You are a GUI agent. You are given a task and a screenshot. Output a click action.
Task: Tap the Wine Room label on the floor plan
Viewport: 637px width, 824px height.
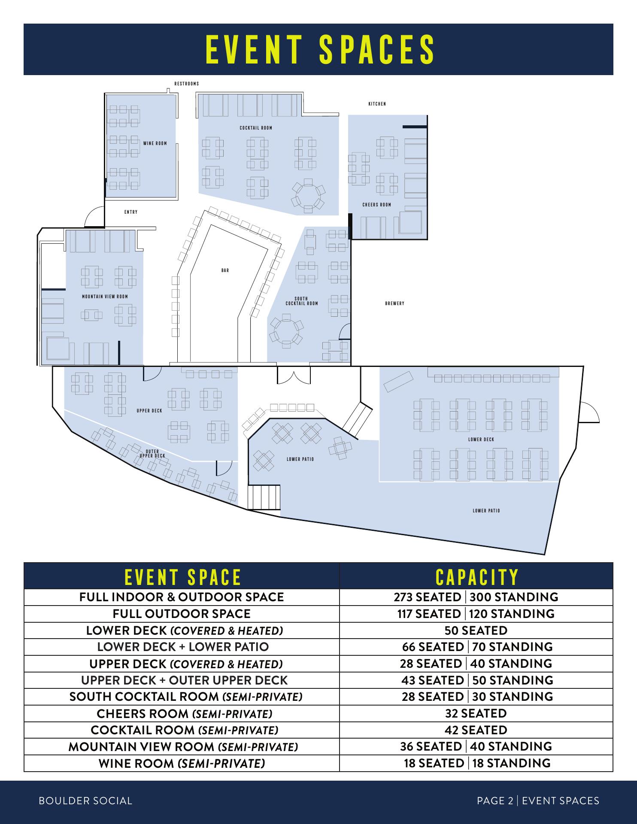point(155,143)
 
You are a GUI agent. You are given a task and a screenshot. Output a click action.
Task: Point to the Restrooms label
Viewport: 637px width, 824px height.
point(187,84)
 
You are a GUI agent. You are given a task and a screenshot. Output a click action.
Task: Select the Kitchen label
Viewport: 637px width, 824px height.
point(377,104)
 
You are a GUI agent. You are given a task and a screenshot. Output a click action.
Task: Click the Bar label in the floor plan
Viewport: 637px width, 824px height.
point(225,270)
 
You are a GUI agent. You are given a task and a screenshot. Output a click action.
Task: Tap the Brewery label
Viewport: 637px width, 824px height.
point(395,303)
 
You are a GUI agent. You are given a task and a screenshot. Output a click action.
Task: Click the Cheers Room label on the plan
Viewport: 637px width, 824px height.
point(377,205)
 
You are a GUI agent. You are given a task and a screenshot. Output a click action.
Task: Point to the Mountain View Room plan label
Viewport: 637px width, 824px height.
point(105,297)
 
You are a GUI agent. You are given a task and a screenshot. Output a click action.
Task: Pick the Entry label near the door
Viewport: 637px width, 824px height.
point(131,212)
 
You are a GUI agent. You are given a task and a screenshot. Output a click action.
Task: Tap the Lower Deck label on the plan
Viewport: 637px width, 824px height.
point(481,439)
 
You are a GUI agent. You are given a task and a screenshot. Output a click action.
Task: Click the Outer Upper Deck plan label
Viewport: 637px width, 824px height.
point(152,453)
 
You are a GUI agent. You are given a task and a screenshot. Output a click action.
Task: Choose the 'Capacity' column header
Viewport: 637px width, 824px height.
point(477,577)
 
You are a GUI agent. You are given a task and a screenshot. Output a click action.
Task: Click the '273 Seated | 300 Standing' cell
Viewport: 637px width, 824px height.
point(476,597)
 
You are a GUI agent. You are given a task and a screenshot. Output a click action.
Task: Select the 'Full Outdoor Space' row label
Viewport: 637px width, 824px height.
point(182,614)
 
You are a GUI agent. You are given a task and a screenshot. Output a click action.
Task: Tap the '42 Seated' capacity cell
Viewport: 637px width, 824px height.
point(476,730)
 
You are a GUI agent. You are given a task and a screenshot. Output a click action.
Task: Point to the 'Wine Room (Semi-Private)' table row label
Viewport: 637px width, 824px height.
point(182,763)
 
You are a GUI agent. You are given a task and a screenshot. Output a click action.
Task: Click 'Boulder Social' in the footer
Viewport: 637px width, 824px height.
point(85,801)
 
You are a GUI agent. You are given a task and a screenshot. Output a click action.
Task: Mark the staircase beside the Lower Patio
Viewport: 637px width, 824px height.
point(264,497)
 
